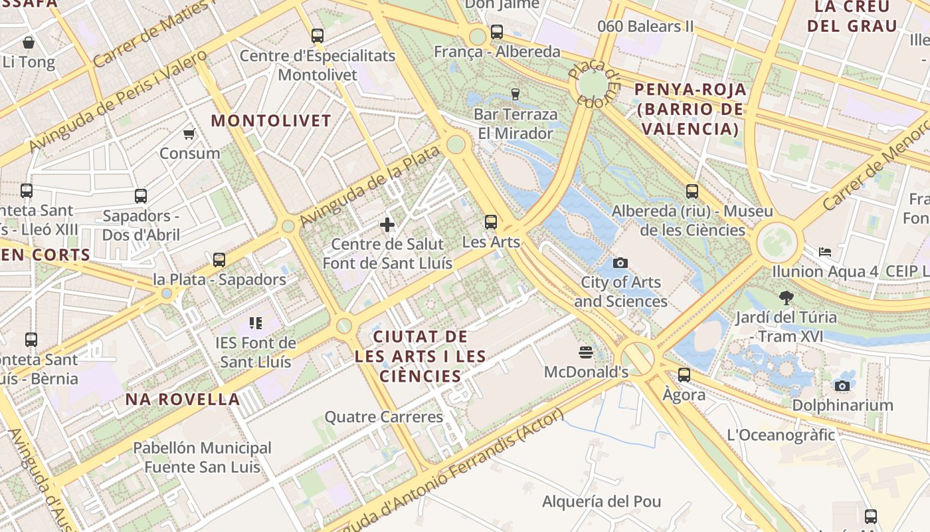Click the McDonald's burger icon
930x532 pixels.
pos(586,352)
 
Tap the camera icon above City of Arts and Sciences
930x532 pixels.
pos(620,263)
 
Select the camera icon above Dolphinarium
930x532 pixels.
pos(842,386)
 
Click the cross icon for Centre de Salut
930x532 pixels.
pos(387,225)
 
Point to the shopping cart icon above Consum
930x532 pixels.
pos(189,134)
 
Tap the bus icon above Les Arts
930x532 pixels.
pos(491,222)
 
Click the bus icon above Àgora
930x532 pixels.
pos(684,375)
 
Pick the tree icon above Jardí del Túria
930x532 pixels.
pos(787,297)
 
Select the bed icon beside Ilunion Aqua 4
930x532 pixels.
pos(825,252)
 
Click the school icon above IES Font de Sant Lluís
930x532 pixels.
pos(256,323)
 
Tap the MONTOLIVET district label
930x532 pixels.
pos(271,121)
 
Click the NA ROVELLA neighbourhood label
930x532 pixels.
pos(183,400)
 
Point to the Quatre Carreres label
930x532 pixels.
pos(383,418)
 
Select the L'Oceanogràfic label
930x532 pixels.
pos(781,436)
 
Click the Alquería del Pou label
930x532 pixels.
pos(602,501)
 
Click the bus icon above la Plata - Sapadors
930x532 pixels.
pos(219,259)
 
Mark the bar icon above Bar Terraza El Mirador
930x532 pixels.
pos(515,94)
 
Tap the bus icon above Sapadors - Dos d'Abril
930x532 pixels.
pos(141,196)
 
